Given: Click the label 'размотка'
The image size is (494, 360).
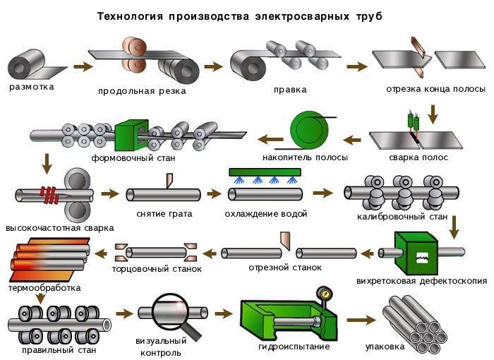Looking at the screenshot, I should [x=32, y=88].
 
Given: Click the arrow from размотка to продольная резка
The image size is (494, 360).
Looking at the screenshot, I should [x=83, y=67].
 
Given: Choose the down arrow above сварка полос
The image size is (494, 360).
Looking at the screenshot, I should [x=435, y=112].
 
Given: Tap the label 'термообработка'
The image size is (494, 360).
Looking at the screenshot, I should [x=44, y=287].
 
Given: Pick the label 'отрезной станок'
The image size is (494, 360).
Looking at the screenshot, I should [x=285, y=268].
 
